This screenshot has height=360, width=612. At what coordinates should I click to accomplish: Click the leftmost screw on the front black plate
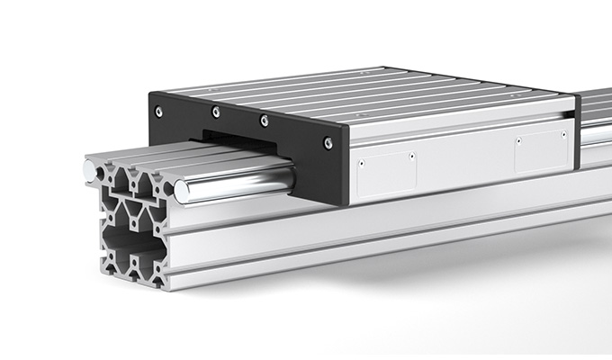point(159,112)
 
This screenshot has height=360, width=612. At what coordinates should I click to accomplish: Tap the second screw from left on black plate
point(215,112)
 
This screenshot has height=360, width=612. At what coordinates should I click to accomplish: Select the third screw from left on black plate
point(264,120)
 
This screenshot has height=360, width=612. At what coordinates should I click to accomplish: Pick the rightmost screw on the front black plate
point(328,142)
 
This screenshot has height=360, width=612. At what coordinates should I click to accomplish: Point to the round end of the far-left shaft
point(89,169)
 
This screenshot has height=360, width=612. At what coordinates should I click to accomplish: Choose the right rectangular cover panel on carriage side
point(538,154)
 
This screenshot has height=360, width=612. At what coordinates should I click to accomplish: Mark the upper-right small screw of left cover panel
point(411,155)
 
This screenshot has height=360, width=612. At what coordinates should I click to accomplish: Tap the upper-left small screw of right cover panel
point(517,140)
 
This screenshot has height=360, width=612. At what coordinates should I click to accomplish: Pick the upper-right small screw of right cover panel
point(558,135)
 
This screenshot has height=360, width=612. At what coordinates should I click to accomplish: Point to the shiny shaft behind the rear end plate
point(597,135)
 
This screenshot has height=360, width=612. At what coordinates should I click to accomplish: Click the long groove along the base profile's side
point(405,236)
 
